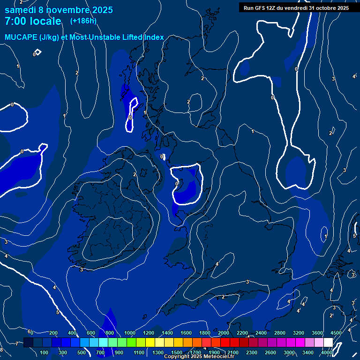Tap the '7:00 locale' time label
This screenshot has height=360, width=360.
pyautogui.click(x=33, y=21)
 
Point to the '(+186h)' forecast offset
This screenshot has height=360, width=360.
pyautogui.click(x=83, y=21)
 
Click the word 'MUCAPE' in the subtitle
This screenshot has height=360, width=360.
pyautogui.click(x=20, y=37)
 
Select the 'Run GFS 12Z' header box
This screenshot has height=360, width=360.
pyautogui.click(x=296, y=7)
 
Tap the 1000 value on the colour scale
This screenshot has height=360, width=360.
pyautogui.click(x=130, y=333)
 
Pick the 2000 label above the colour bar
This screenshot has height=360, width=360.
pyautogui.click(x=224, y=333)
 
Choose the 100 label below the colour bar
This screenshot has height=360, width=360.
pyautogui.click(x=45, y=352)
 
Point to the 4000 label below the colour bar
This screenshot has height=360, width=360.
pyautogui.click(x=327, y=352)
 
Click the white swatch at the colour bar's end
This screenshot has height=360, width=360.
pyautogui.click(x=328, y=343)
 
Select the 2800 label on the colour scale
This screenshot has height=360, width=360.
pyautogui.click(x=280, y=333)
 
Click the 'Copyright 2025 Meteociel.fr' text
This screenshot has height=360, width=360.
pyautogui.click(x=199, y=357)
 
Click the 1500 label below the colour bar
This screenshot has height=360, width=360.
pyautogui.click(x=177, y=352)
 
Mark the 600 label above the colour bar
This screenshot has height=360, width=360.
pyautogui.click(x=91, y=333)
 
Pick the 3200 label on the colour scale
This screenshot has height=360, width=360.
pyautogui.click(x=299, y=333)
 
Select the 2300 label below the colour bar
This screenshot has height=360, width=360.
pyautogui.click(x=252, y=352)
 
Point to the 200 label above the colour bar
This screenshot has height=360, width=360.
pyautogui.click(x=53, y=333)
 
